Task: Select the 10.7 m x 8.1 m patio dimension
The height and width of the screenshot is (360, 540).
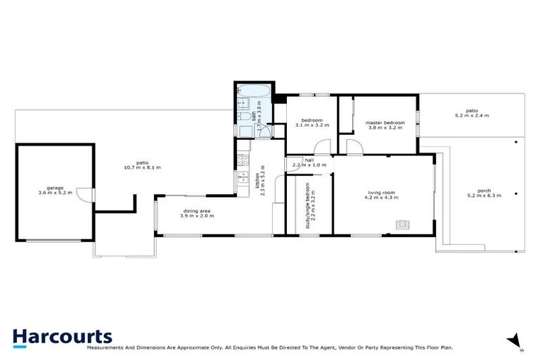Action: click(x=142, y=167)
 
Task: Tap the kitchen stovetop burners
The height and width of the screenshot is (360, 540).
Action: click(x=243, y=160)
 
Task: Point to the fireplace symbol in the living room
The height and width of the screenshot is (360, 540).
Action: click(x=402, y=225)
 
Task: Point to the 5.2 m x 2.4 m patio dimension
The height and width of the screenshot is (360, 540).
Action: click(x=471, y=115)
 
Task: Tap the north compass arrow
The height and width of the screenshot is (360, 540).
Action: click(x=516, y=339)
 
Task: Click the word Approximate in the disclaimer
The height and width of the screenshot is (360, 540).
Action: click(x=193, y=347)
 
